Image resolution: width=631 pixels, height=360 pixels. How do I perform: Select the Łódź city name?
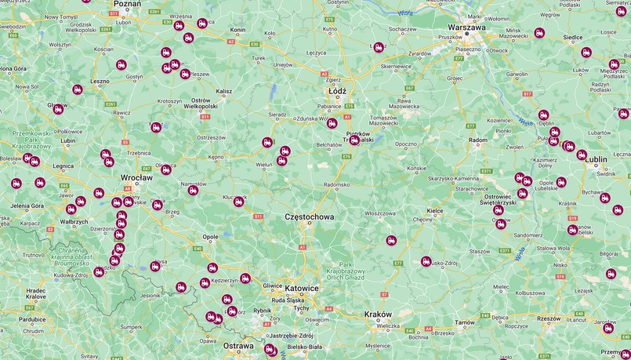[337, 91]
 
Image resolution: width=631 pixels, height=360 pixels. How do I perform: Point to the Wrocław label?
[136, 178]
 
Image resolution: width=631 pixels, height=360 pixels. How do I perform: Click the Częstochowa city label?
[310, 216]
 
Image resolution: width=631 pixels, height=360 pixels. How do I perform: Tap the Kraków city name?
[378, 315]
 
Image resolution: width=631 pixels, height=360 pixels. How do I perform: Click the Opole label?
[210, 236]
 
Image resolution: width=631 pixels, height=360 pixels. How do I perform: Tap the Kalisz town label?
[224, 91]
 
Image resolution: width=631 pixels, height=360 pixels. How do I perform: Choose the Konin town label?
[238, 30]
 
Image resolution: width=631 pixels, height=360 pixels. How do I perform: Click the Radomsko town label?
[336, 185]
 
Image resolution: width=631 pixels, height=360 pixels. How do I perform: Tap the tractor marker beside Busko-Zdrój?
[426, 261]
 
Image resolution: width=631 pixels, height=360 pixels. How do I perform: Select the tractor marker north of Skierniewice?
[379, 47]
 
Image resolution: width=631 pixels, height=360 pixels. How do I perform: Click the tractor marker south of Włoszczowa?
[391, 241]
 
